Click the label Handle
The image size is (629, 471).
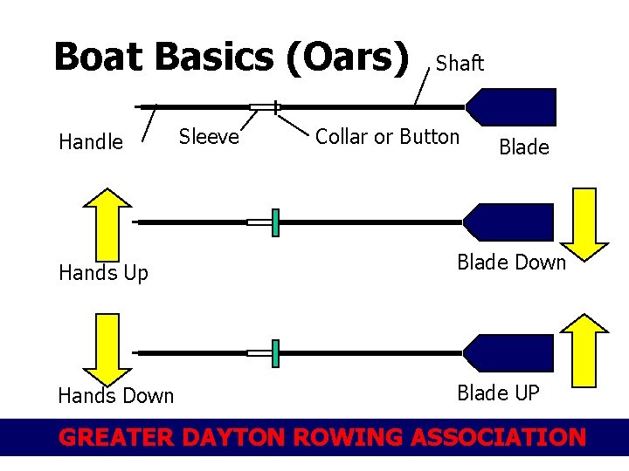click(91, 142)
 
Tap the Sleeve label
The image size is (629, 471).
click(209, 136)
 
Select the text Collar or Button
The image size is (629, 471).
click(386, 137)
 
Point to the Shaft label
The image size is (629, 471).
click(460, 63)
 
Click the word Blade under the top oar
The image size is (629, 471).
click(523, 147)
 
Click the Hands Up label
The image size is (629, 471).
click(103, 273)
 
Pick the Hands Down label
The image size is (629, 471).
click(116, 396)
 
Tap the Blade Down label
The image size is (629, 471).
click(512, 262)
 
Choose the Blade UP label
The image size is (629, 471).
click(498, 393)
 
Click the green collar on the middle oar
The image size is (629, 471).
click(275, 222)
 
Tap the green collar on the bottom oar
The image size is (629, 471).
click(275, 353)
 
